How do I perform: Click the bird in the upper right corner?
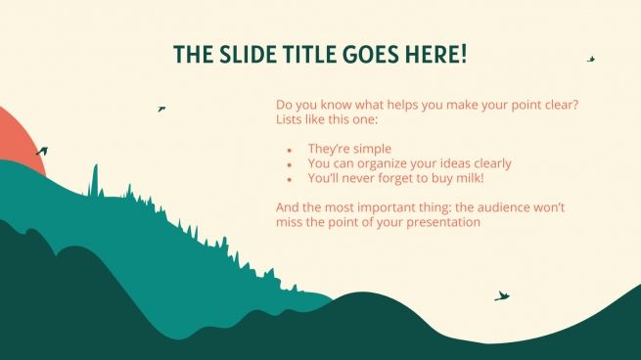[x=591, y=59]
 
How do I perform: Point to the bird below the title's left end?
[x=161, y=109]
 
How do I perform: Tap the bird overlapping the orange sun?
[x=41, y=152]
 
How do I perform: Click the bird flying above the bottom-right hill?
[x=502, y=295]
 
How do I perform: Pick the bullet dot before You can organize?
[x=290, y=165]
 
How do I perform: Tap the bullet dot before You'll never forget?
[x=290, y=180]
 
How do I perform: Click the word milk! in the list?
[x=465, y=179]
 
